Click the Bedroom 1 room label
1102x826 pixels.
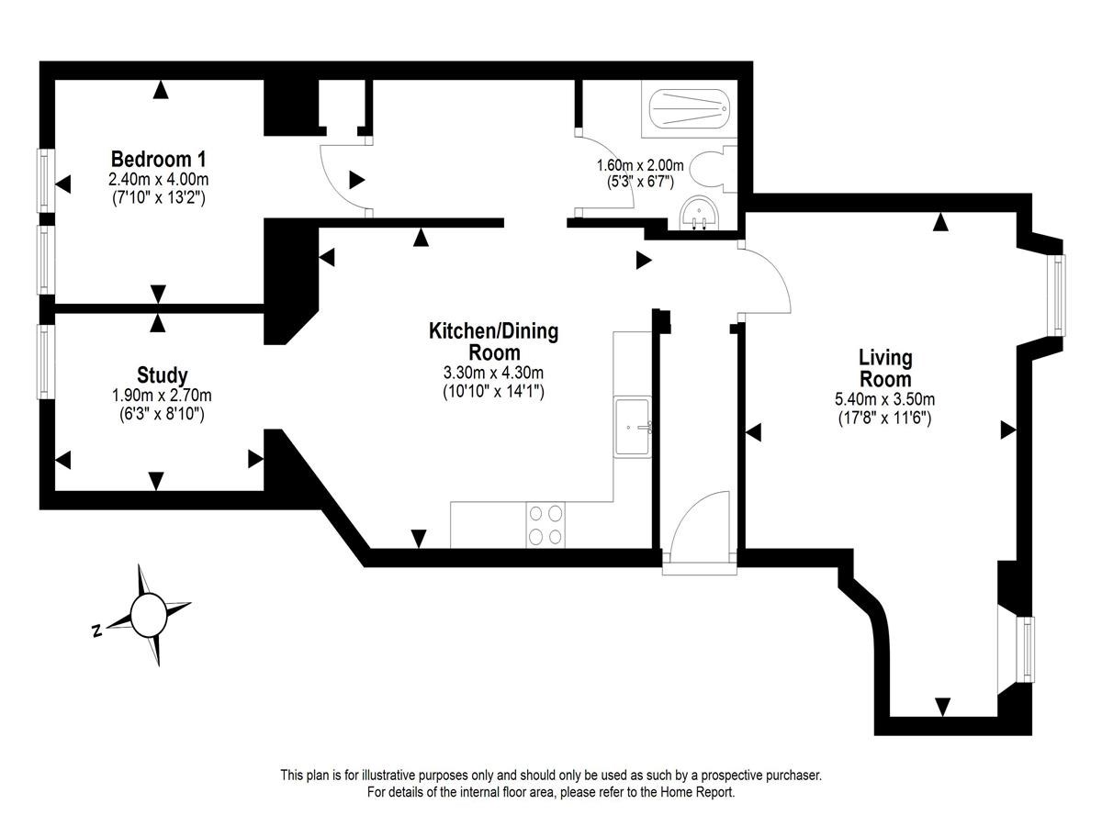(158, 159)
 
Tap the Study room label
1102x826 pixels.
(163, 375)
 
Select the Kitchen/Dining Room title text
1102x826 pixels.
(493, 341)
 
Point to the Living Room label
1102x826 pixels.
(885, 368)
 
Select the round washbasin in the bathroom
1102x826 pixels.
(700, 213)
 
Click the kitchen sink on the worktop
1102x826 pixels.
(633, 426)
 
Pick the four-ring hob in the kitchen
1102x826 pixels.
(545, 525)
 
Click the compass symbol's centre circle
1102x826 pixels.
(148, 615)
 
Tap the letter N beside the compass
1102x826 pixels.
(97, 631)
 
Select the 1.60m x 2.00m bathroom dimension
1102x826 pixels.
(640, 165)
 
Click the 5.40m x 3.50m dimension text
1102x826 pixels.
(884, 400)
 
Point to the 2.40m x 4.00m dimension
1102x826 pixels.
(158, 179)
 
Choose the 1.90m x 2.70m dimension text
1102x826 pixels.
(162, 396)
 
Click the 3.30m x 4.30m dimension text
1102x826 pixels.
(493, 373)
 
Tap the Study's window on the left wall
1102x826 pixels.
(45, 362)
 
